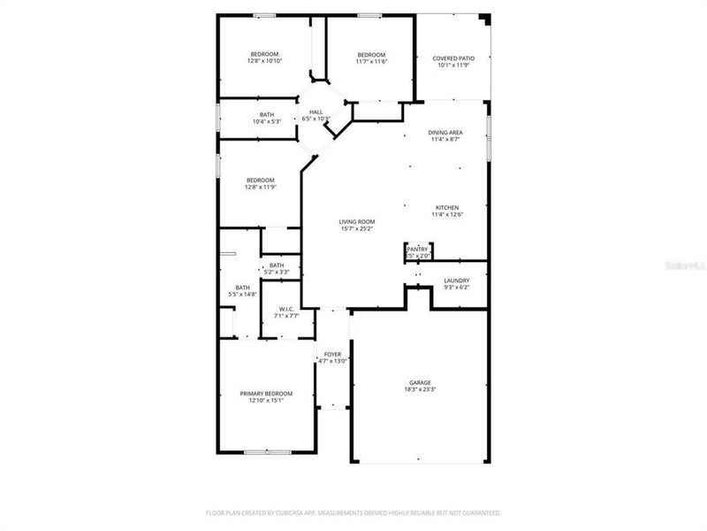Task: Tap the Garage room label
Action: pos(419,382)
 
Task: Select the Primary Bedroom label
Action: pos(266,393)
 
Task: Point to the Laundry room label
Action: pos(456,281)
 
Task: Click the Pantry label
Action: pos(417,250)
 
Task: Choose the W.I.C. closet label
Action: pos(286,308)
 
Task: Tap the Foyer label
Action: pos(332,354)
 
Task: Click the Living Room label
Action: pos(357,221)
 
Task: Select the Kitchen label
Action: pos(446,207)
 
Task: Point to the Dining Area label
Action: pos(446,133)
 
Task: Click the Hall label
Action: pos(315,112)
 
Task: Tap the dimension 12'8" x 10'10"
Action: pos(264,61)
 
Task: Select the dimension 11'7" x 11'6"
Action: pos(370,61)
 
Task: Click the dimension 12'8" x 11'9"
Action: pos(260,187)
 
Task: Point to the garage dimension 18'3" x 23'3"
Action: pos(419,389)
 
